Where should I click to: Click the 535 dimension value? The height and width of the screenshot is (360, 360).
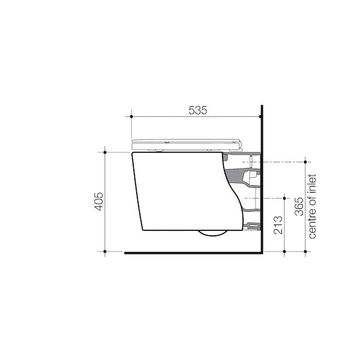click(197, 110)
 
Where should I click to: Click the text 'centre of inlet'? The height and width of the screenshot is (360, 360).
click(311, 206)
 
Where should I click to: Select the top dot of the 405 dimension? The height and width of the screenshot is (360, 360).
click(106, 152)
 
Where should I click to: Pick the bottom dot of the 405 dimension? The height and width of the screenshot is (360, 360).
click(106, 252)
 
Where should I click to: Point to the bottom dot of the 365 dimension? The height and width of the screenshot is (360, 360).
click(306, 252)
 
